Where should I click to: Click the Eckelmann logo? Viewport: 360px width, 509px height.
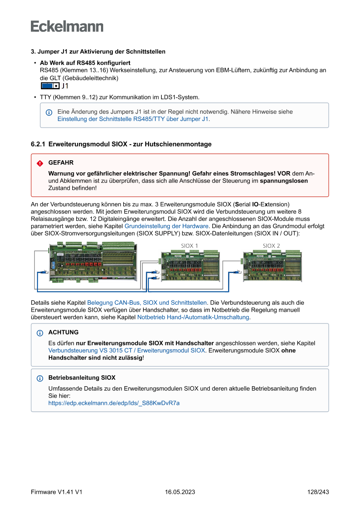pyautogui.click(x=67, y=26)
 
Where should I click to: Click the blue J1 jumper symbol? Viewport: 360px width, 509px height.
pyautogui.click(x=50, y=86)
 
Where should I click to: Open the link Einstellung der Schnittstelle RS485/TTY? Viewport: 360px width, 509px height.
pyautogui.click(x=133, y=119)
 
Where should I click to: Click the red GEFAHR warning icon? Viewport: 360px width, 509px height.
pyautogui.click(x=40, y=163)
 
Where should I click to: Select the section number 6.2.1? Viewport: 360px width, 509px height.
pyautogui.click(x=38, y=144)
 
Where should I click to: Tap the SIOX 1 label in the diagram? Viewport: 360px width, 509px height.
pyautogui.click(x=190, y=246)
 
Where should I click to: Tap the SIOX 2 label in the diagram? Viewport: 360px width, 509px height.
pyautogui.click(x=271, y=246)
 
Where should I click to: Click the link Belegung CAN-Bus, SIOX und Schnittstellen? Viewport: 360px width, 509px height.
pyautogui.click(x=147, y=302)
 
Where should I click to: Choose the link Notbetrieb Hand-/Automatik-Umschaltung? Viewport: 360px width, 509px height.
pyautogui.click(x=193, y=317)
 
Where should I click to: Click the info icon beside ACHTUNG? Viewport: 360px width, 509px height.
pyautogui.click(x=40, y=333)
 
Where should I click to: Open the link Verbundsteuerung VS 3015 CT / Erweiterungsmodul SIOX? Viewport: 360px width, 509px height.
pyautogui.click(x=126, y=350)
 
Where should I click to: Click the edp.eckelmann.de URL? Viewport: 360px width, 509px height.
pyautogui.click(x=114, y=403)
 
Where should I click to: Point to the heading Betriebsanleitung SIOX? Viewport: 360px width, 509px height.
pyautogui.click(x=82, y=378)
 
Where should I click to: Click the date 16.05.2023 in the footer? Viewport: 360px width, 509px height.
pyautogui.click(x=180, y=492)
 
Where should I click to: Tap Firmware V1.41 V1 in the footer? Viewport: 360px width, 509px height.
pyautogui.click(x=57, y=492)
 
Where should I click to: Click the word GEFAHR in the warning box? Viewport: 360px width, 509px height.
pyautogui.click(x=61, y=162)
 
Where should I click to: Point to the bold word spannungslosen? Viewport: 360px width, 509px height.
pyautogui.click(x=284, y=181)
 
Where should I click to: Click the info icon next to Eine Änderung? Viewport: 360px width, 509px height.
pyautogui.click(x=49, y=112)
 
